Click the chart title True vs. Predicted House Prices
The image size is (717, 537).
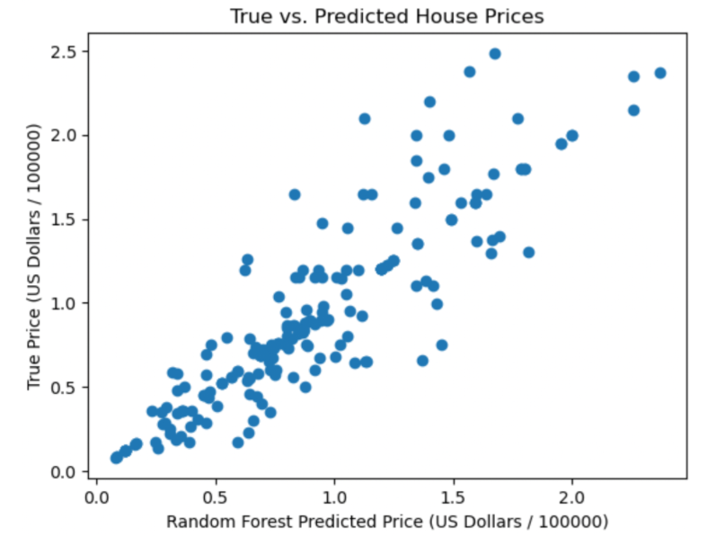(386, 16)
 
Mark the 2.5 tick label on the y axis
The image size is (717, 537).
(66, 50)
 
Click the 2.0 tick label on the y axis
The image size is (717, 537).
(66, 135)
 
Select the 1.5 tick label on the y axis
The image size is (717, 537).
(66, 219)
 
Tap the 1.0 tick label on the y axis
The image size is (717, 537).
(66, 303)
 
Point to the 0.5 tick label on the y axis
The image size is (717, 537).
(66, 388)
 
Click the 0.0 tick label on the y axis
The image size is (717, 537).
(66, 471)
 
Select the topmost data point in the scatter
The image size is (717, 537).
(495, 54)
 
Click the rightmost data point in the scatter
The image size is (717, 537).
(660, 73)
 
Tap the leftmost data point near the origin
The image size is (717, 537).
(116, 458)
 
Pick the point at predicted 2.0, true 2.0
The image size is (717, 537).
(572, 136)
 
